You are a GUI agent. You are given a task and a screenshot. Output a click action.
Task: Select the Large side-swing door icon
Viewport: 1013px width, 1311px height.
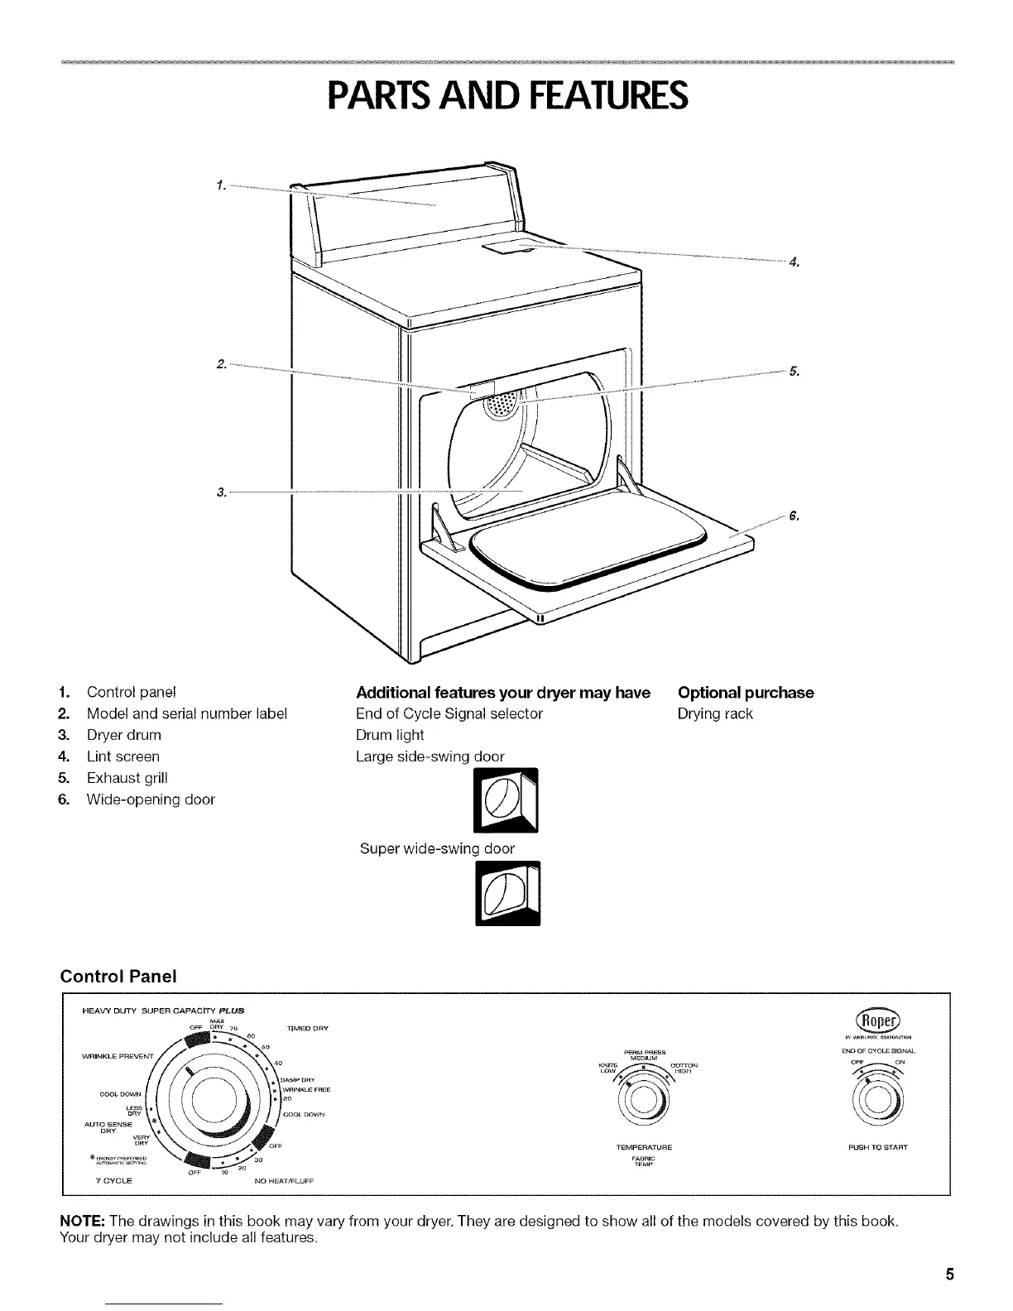click(x=506, y=801)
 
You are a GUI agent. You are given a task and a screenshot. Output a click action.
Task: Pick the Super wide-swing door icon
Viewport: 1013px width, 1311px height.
click(x=507, y=894)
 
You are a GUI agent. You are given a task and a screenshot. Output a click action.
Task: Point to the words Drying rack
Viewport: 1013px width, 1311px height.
click(x=714, y=713)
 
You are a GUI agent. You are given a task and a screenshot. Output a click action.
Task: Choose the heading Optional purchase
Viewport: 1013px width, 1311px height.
click(x=745, y=692)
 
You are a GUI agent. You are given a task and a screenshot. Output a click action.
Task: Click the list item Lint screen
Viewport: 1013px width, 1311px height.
click(x=123, y=756)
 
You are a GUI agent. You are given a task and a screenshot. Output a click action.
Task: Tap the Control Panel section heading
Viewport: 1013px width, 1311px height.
click(x=119, y=976)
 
